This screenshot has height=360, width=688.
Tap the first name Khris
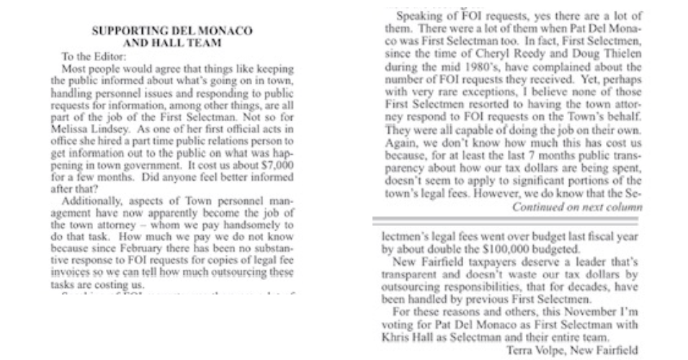pyautogui.click(x=401, y=336)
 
